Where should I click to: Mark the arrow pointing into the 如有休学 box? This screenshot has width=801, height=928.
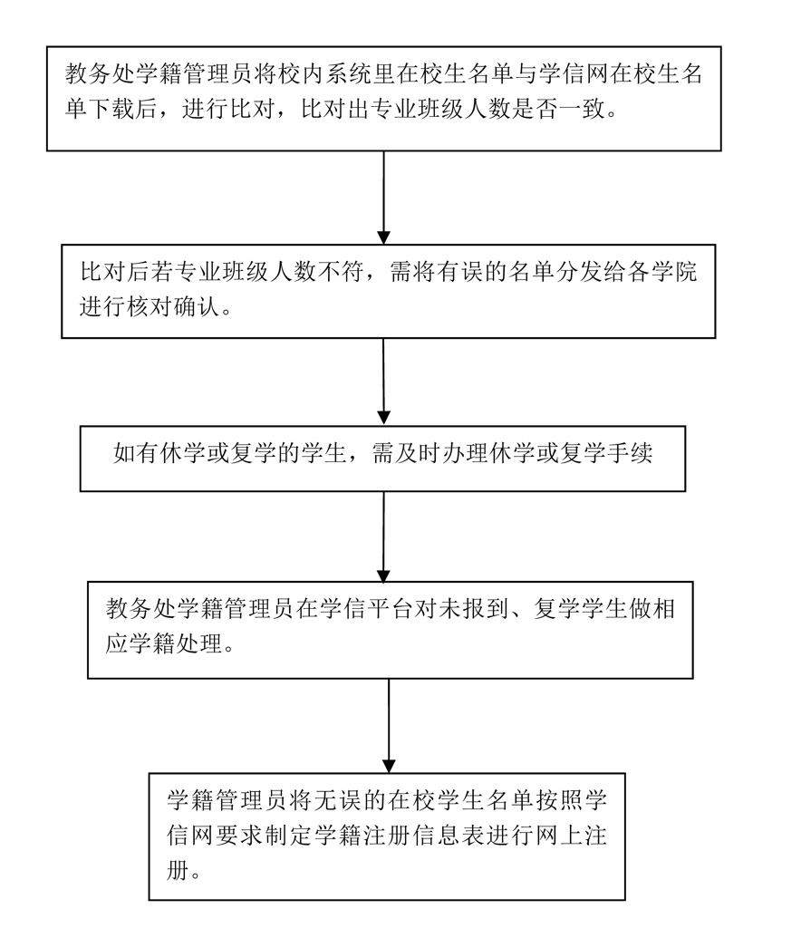(384, 381)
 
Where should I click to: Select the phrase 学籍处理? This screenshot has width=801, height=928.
(172, 645)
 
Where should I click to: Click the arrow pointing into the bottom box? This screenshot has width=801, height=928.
(389, 725)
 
